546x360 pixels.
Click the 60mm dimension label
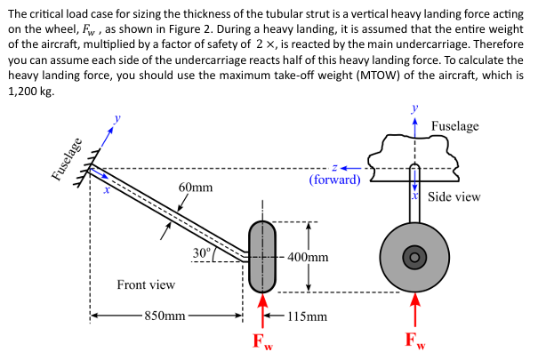pos(196,188)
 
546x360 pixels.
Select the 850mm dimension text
pos(165,316)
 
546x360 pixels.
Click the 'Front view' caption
pos(146,285)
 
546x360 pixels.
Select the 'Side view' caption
pos(454,196)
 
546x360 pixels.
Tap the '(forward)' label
pos(335,180)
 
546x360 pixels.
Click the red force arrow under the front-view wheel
pos(262,311)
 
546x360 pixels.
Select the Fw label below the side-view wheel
pos(414,340)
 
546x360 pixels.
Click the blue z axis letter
pos(333,166)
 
